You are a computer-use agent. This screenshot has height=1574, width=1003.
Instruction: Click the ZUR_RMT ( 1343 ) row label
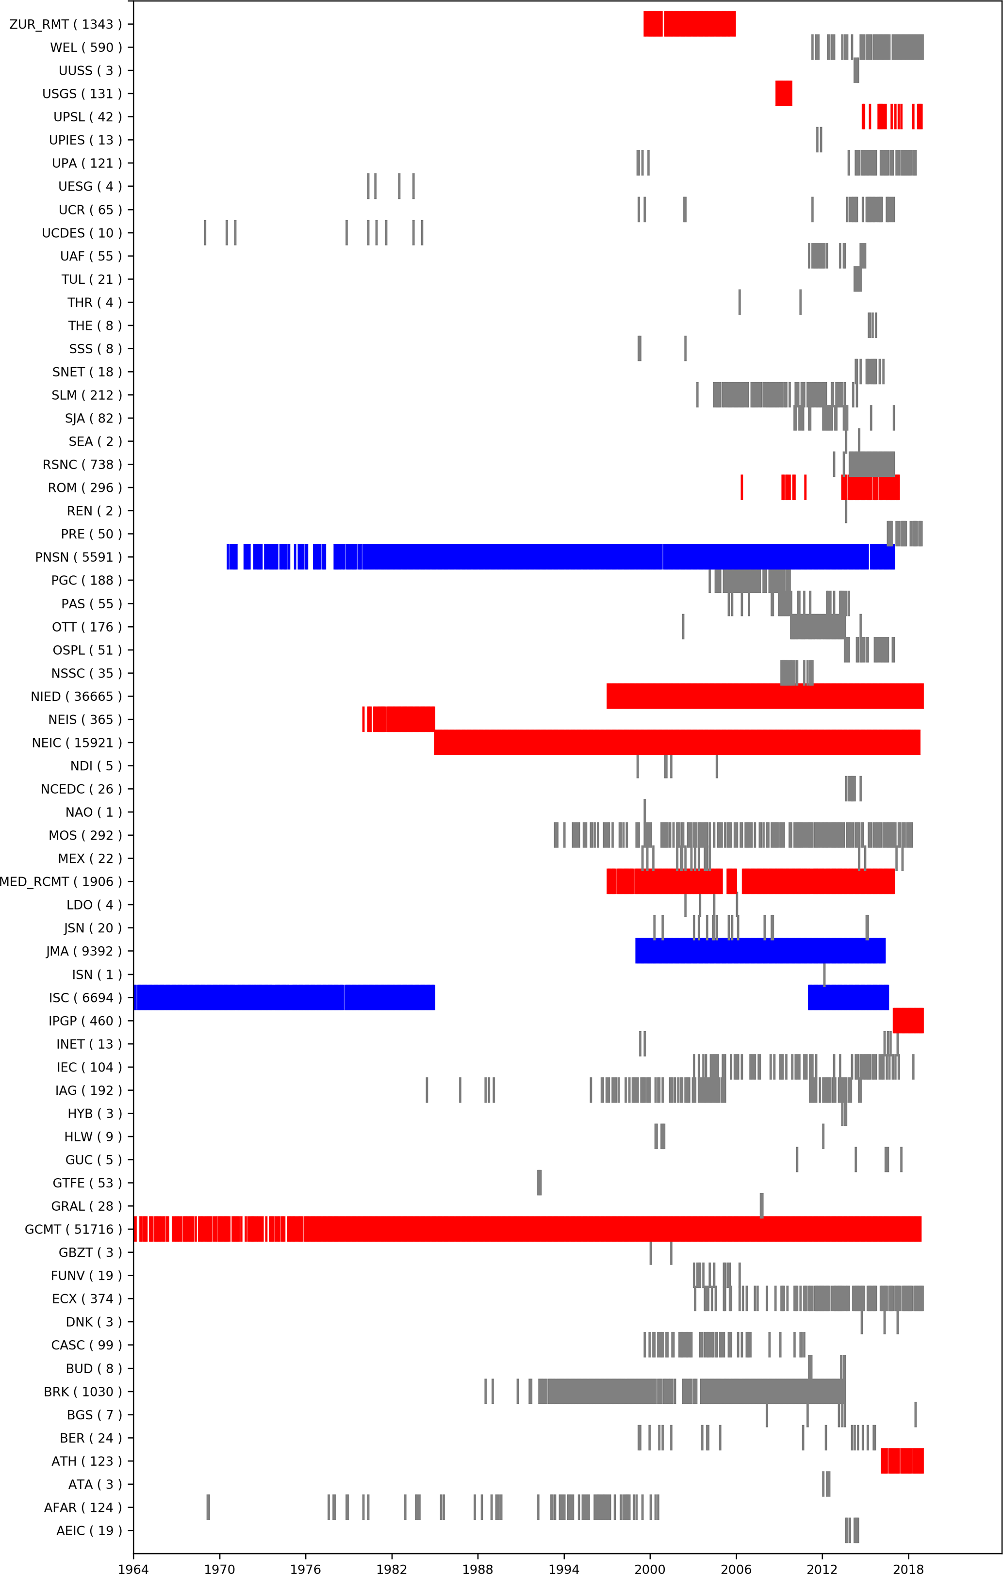[x=66, y=24]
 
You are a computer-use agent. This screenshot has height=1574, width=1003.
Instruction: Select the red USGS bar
[x=783, y=94]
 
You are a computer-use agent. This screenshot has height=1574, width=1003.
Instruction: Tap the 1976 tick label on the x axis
[x=305, y=1568]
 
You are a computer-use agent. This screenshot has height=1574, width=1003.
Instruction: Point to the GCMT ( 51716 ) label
[x=73, y=1230]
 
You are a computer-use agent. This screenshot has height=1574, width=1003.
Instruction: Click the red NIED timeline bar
[x=765, y=696]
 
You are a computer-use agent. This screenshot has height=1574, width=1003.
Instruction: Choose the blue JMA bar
[x=760, y=951]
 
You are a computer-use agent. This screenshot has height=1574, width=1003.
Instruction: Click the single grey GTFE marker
[x=540, y=1183]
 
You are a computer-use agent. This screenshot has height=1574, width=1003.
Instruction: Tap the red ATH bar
[x=902, y=1461]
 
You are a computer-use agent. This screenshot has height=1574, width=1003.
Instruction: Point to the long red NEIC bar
[x=677, y=743]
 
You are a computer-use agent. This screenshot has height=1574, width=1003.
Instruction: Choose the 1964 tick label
[x=133, y=1568]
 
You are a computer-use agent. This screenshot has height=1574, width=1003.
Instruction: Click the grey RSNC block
[x=871, y=465]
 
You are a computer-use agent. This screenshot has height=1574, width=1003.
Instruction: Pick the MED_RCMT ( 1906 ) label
[x=61, y=882]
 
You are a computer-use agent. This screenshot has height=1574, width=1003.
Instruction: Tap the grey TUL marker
[x=857, y=279]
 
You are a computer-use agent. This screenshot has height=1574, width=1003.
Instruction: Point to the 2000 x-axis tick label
[x=650, y=1568]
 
